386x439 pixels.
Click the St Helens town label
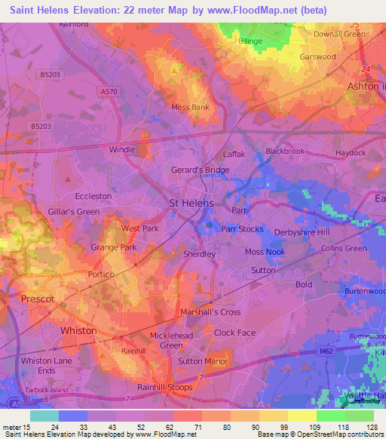click(x=191, y=204)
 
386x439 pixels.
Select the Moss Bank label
click(x=190, y=107)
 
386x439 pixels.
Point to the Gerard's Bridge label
click(x=200, y=170)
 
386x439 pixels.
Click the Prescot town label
click(x=38, y=299)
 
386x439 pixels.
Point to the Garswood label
click(x=317, y=57)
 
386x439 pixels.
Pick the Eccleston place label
click(x=93, y=196)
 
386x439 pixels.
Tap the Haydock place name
click(x=350, y=152)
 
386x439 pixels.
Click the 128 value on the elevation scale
click(x=371, y=426)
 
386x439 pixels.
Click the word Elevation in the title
click(x=106, y=11)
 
